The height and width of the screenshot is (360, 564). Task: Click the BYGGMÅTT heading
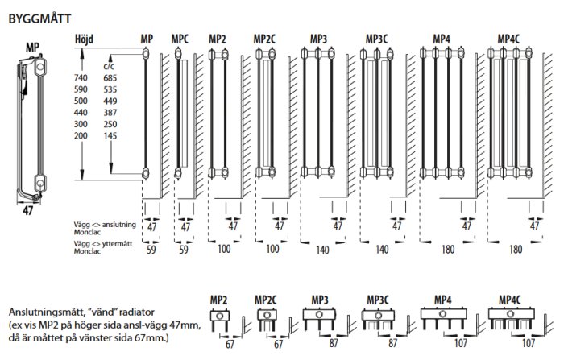tap(40, 19)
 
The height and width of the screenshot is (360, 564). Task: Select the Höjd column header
tap(84, 39)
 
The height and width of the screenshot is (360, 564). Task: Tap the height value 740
tap(81, 77)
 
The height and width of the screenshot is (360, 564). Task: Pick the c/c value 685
tap(110, 77)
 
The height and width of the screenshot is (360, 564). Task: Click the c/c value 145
tap(110, 135)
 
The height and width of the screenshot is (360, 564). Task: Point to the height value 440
tap(81, 113)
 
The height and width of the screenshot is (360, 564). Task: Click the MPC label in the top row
tap(180, 39)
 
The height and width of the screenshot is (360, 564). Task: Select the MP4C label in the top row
tap(508, 39)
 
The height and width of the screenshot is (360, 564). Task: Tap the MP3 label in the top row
tap(319, 39)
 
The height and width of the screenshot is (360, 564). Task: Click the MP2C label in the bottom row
tap(265, 300)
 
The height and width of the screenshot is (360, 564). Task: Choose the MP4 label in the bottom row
tap(443, 300)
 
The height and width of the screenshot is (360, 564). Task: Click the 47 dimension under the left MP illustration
tap(28, 210)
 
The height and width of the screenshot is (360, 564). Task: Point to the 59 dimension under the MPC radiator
tap(184, 249)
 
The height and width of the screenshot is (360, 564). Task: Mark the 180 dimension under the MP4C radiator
tap(516, 249)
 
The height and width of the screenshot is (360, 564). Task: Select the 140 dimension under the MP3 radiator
tap(322, 250)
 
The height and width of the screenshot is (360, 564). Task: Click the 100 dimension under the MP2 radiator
tap(224, 249)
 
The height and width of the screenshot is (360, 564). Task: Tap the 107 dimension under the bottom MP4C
tap(529, 343)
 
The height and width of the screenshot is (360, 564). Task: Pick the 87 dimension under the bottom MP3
tap(334, 343)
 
